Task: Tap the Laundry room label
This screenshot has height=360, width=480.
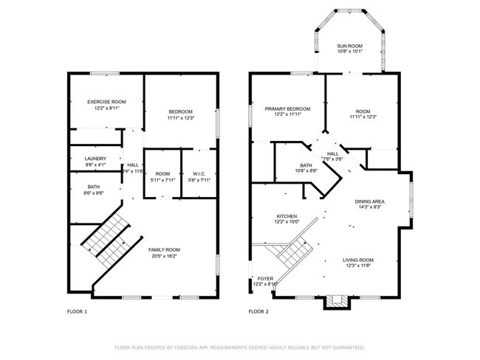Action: (x=95, y=158)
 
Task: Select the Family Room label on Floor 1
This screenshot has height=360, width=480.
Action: (x=164, y=249)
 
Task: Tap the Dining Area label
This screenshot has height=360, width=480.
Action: (x=369, y=201)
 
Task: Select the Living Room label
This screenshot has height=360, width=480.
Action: (x=358, y=260)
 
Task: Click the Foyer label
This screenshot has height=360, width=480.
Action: (x=264, y=278)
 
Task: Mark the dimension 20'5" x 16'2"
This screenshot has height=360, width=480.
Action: (x=164, y=256)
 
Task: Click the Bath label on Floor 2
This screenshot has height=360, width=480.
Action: (x=306, y=165)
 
